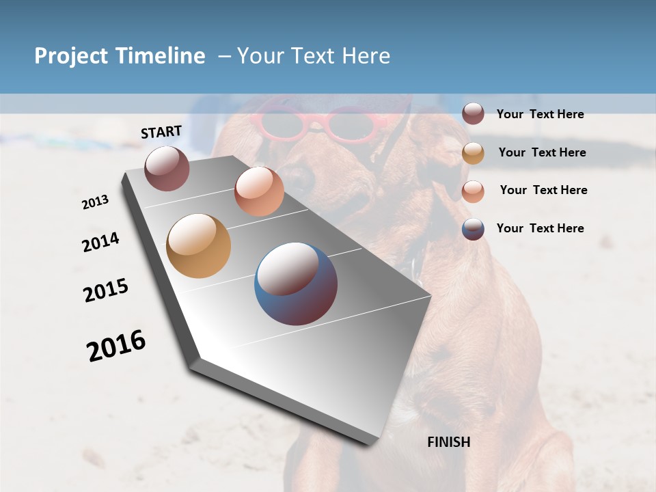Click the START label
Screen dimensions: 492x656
click(161, 132)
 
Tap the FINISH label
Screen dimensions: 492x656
click(448, 442)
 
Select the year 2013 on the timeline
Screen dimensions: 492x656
click(95, 202)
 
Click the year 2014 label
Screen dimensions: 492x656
click(100, 242)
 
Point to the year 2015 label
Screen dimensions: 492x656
click(106, 290)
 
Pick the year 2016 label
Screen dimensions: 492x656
click(116, 345)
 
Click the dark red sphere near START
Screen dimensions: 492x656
click(167, 168)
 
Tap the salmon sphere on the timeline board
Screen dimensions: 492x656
click(259, 191)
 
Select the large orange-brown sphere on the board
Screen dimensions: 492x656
click(199, 246)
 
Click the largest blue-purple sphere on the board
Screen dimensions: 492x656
click(296, 284)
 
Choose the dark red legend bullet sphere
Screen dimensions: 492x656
click(473, 113)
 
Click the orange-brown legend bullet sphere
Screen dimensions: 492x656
click(473, 152)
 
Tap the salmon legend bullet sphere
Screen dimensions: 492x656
click(473, 191)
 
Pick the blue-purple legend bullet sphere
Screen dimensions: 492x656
click(473, 229)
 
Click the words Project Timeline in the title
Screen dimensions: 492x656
click(120, 56)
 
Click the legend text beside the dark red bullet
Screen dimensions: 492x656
click(540, 114)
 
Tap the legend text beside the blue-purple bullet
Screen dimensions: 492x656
click(540, 228)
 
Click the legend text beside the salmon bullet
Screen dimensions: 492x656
click(543, 190)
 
